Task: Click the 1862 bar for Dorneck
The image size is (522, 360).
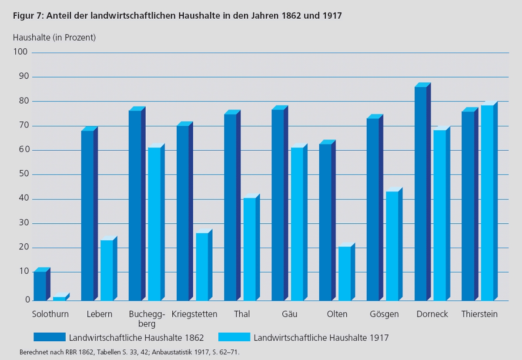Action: pyautogui.click(x=421, y=194)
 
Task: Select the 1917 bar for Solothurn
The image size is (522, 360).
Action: pyautogui.click(x=59, y=299)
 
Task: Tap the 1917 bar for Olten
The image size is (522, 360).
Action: pyautogui.click(x=345, y=273)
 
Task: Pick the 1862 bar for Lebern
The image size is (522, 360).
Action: pyautogui.click(x=87, y=215)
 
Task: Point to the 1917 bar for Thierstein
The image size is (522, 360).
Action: pyautogui.click(x=487, y=203)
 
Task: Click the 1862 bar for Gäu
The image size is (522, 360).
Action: pyautogui.click(x=278, y=205)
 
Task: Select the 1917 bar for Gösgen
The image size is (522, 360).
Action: pyautogui.click(x=392, y=246)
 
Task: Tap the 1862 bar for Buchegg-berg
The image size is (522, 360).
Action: pyautogui.click(x=135, y=205)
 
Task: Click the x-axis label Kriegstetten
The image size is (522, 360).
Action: pyautogui.click(x=194, y=314)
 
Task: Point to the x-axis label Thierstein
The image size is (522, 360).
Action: pyautogui.click(x=479, y=314)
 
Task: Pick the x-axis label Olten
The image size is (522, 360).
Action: pyautogui.click(x=337, y=314)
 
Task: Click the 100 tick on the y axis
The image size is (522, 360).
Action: pyautogui.click(x=21, y=52)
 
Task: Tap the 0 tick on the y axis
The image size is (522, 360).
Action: pyautogui.click(x=27, y=300)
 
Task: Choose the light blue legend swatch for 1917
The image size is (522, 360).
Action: pyautogui.click(x=234, y=337)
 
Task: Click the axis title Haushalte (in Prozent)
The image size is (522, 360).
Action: pyautogui.click(x=54, y=37)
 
